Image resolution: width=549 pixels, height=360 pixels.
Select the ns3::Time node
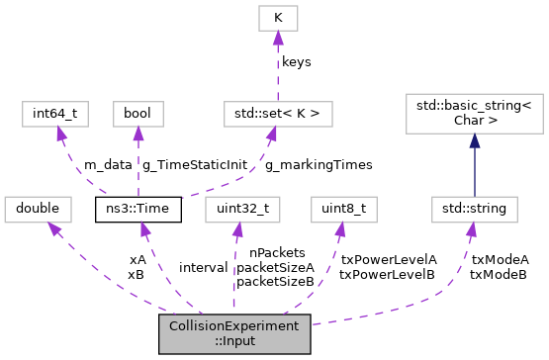(x=137, y=210)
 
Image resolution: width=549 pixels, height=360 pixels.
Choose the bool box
(x=137, y=114)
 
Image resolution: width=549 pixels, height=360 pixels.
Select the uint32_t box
(x=234, y=210)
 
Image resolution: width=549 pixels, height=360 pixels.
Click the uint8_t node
(x=339, y=210)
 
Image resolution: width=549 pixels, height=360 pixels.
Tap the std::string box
(x=474, y=210)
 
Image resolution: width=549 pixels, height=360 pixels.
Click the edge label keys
(x=297, y=61)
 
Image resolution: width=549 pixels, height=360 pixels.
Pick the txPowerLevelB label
(x=387, y=274)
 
